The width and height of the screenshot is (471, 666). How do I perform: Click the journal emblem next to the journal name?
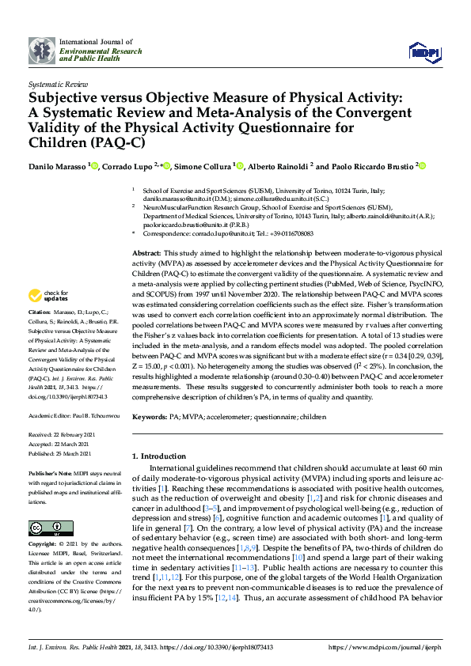42,50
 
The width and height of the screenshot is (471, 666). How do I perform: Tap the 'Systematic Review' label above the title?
57,83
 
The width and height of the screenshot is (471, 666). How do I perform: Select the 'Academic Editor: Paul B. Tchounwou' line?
74,414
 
